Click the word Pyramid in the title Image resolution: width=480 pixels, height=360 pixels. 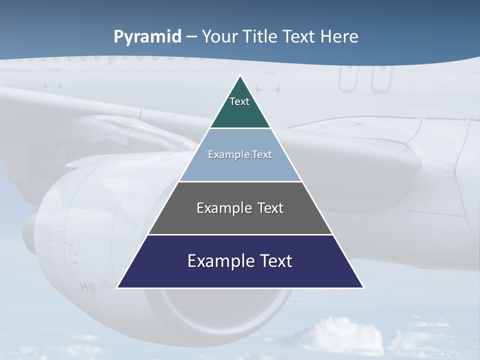[147, 37]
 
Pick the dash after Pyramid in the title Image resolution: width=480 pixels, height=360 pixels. [191, 37]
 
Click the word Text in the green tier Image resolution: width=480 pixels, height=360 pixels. [239, 101]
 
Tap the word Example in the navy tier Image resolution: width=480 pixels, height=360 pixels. [219, 261]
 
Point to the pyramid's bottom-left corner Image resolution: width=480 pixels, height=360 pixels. [118, 287]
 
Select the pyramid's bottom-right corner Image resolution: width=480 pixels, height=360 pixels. [362, 287]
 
